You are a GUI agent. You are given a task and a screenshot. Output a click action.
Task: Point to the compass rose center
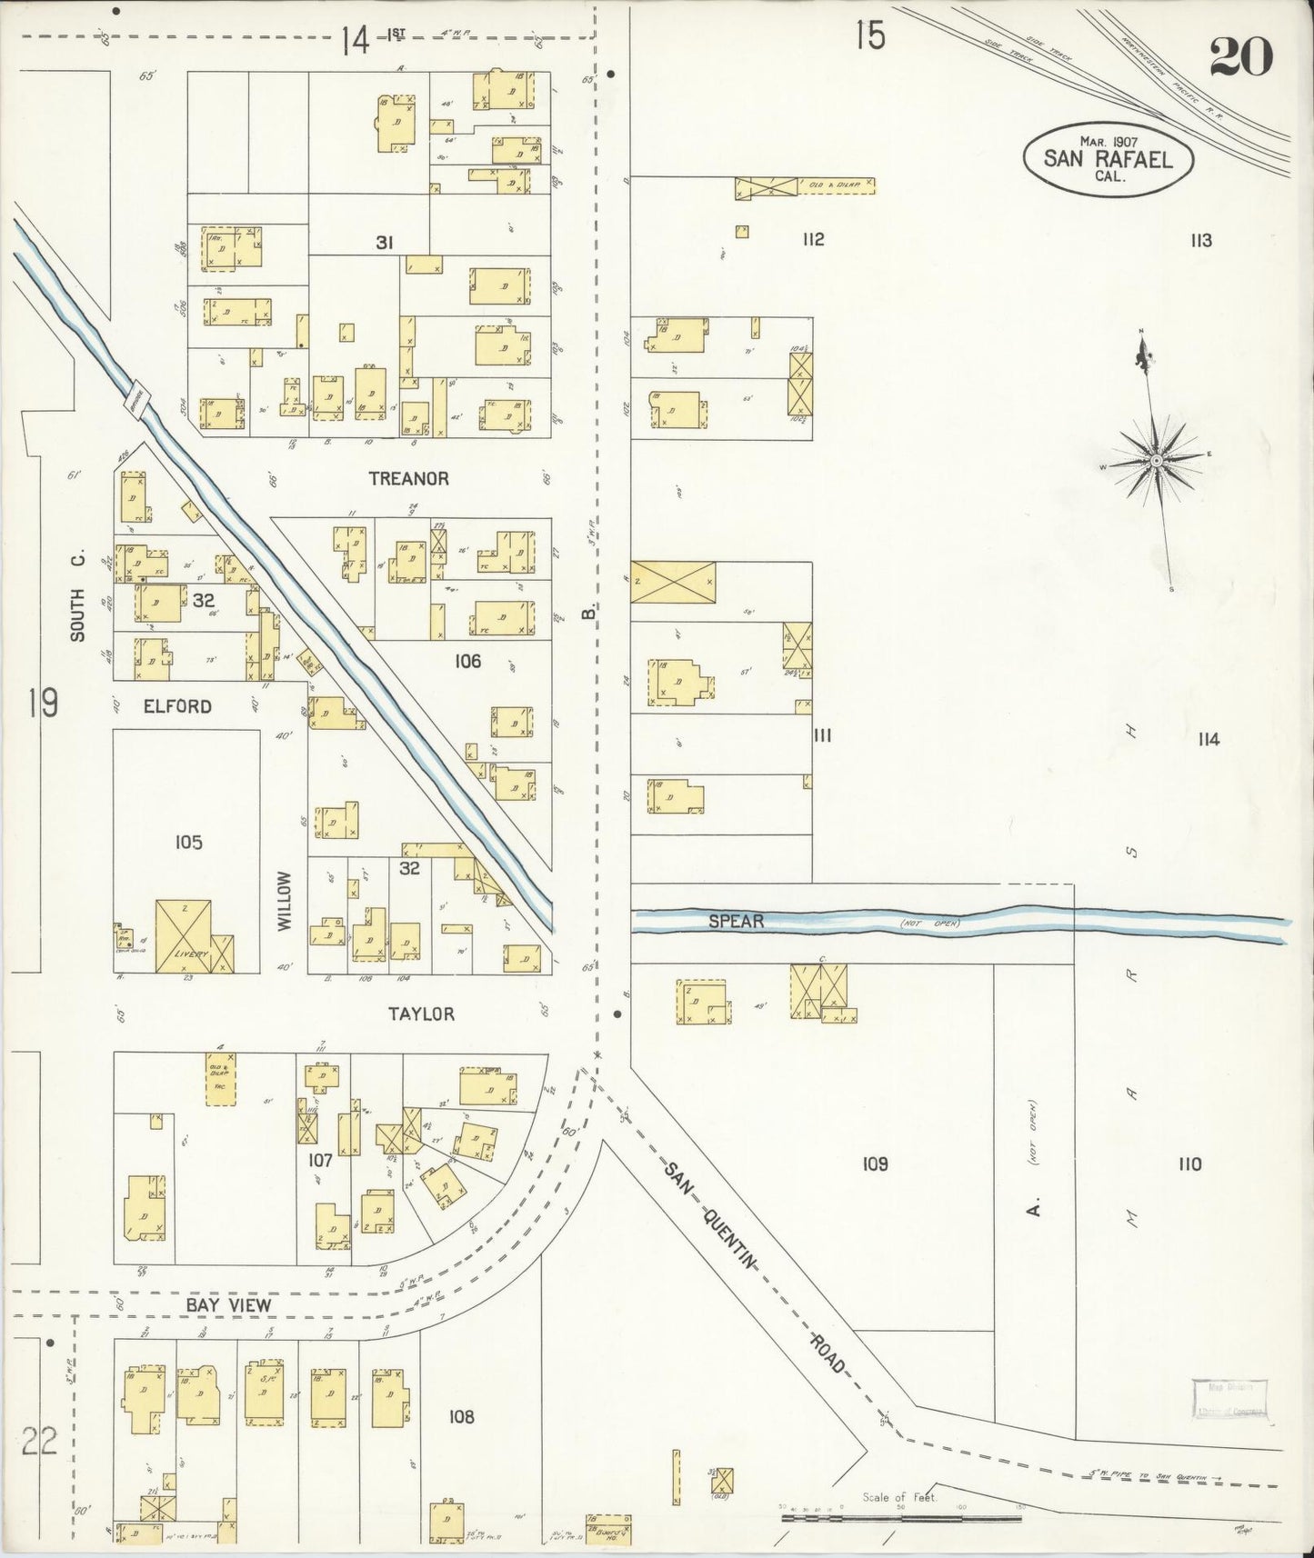click(x=1155, y=461)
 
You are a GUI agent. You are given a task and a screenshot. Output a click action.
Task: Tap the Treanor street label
click(x=408, y=478)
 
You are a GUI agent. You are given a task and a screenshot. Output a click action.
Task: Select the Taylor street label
click(x=421, y=1014)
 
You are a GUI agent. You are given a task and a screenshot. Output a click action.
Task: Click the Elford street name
click(x=177, y=706)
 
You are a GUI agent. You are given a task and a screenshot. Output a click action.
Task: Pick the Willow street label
click(x=285, y=900)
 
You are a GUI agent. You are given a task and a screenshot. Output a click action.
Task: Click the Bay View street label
click(x=228, y=1305)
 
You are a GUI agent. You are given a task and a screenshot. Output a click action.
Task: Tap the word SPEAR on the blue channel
click(x=736, y=922)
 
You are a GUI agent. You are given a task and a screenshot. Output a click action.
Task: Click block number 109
click(x=875, y=1164)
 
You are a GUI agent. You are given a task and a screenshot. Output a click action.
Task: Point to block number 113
click(x=1200, y=241)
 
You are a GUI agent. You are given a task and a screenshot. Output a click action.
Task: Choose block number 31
click(x=385, y=243)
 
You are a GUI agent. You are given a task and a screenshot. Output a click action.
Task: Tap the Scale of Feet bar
click(x=903, y=1517)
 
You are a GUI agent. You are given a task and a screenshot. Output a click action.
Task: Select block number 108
click(x=462, y=1416)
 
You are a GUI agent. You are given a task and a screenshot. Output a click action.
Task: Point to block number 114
click(x=1208, y=740)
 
